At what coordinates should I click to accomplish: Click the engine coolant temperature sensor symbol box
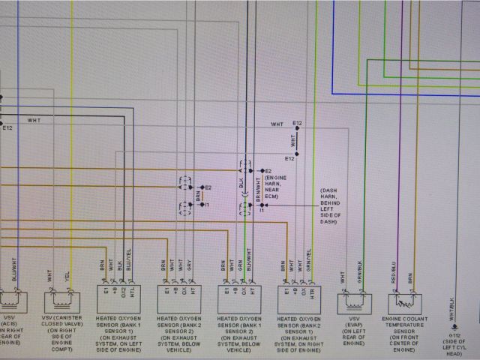coord(403,302)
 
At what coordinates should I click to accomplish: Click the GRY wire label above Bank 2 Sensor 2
coord(190,266)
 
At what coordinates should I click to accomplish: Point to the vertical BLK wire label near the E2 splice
coord(241,181)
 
